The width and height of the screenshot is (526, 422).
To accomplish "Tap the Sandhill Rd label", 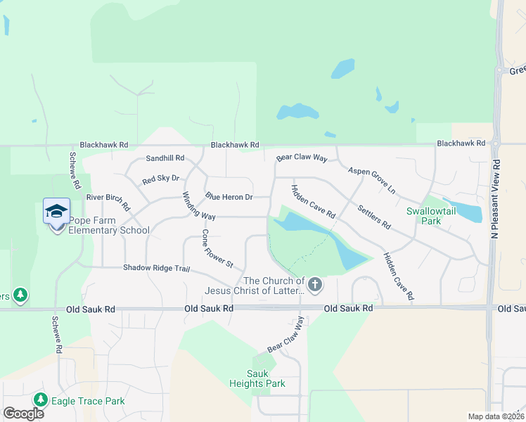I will [x=165, y=158].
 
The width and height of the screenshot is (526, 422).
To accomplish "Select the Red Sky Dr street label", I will [x=161, y=180].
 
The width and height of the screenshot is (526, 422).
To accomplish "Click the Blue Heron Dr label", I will [x=229, y=197].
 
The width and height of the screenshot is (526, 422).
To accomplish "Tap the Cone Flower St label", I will [x=217, y=248].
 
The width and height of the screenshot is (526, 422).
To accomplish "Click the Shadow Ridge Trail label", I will [x=157, y=268].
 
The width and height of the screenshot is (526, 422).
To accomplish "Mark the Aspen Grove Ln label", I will [x=372, y=181].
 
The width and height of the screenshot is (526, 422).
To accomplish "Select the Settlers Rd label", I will [x=373, y=217].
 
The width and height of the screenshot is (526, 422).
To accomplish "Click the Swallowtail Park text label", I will [x=423, y=216].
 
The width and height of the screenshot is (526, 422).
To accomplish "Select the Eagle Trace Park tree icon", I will [x=41, y=400].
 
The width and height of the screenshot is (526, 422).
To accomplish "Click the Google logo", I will [x=23, y=414].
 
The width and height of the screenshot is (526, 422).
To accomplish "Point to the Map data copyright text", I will [x=495, y=416].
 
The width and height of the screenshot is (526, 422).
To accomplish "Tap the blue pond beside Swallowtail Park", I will [x=468, y=212].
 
